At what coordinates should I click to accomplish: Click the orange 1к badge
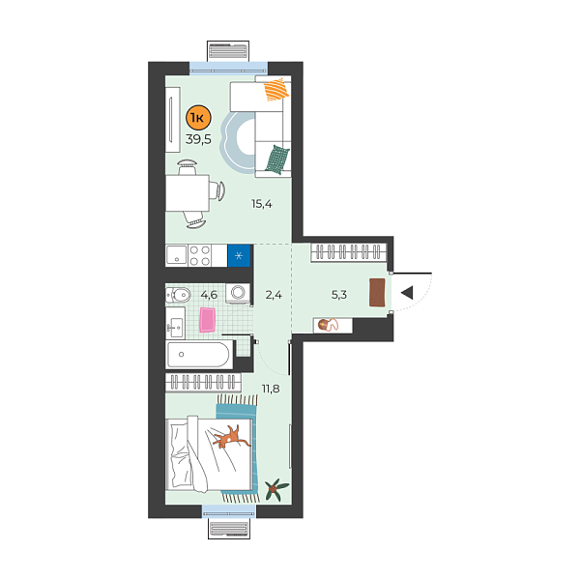[197, 119]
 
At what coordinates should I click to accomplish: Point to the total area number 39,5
[197, 138]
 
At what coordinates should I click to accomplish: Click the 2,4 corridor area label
[274, 295]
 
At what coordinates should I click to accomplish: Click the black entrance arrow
[408, 292]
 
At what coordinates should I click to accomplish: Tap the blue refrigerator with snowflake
[240, 256]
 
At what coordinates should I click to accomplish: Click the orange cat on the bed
[230, 438]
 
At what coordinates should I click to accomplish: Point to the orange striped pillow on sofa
[276, 92]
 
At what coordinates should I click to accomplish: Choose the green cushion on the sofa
[277, 157]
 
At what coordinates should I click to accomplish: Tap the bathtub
[199, 355]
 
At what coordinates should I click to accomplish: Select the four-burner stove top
[200, 256]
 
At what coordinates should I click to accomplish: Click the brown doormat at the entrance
[377, 292]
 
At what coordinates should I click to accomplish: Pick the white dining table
[188, 194]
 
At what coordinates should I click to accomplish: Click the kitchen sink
[176, 256]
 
